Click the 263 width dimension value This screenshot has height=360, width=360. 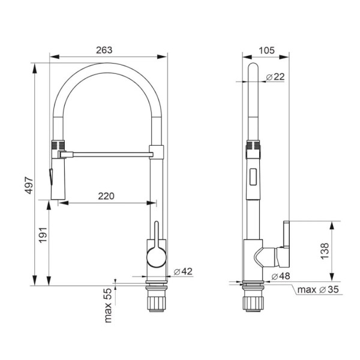tap(104, 50)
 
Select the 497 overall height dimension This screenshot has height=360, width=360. tap(29, 185)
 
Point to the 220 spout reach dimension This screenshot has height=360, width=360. tap(106, 196)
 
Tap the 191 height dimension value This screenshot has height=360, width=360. tap(43, 235)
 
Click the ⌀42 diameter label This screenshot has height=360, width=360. tap(183, 271)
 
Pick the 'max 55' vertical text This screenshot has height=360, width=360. tap(108, 305)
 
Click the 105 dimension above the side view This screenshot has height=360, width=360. tap(266, 50)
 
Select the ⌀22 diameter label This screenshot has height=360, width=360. tap(275, 77)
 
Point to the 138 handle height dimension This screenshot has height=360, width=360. tap(325, 251)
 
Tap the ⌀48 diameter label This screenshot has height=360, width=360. tap(281, 276)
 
